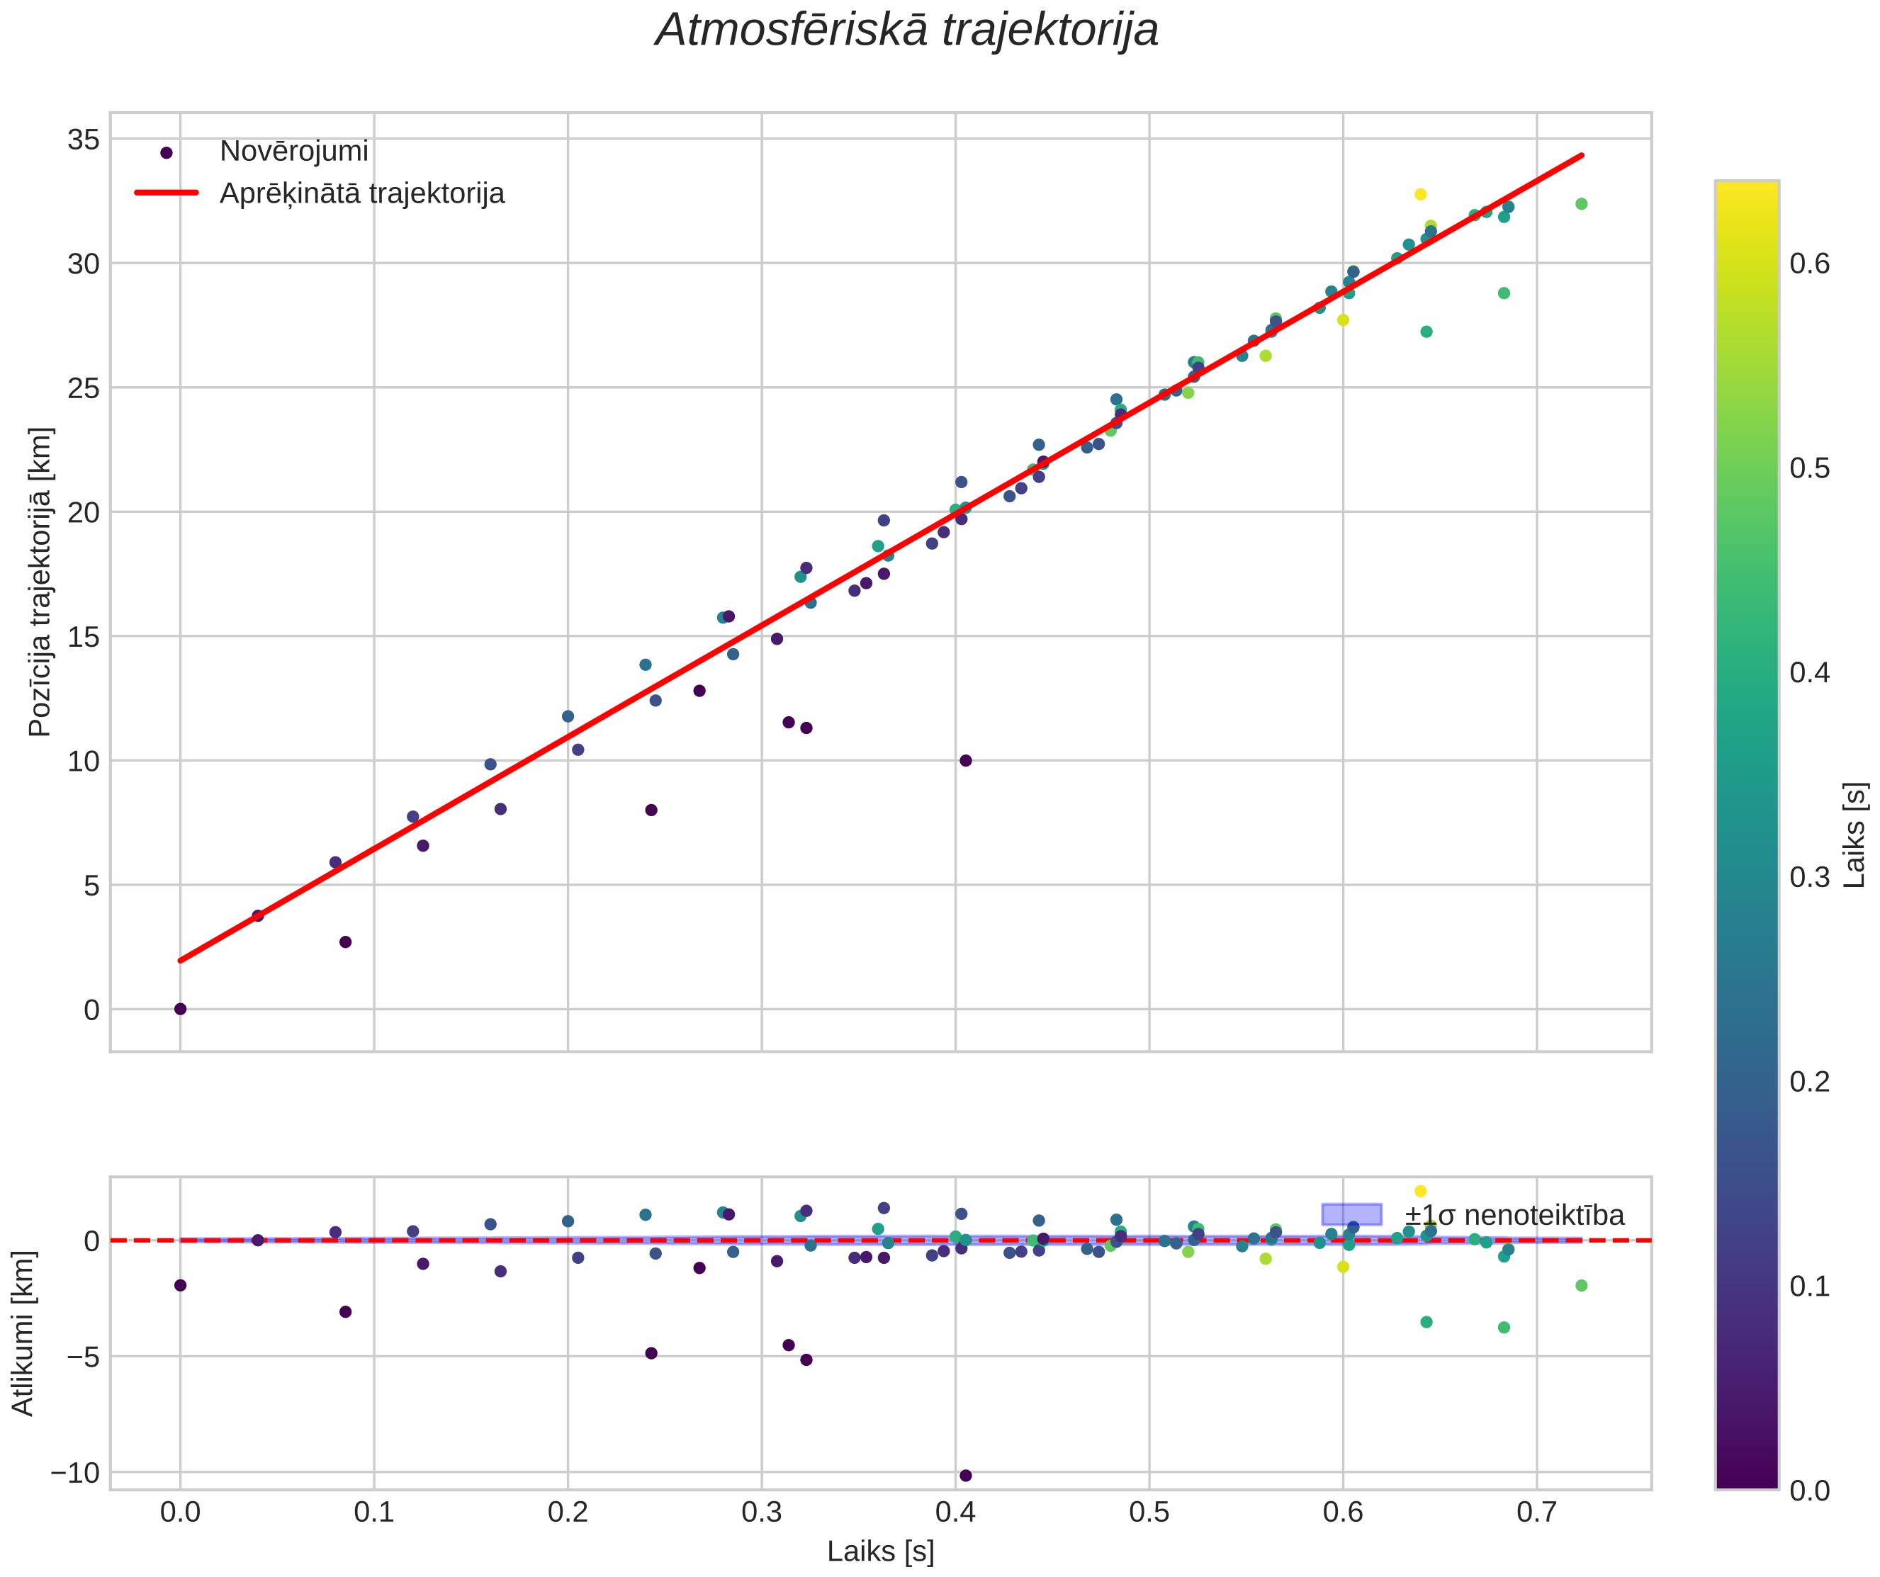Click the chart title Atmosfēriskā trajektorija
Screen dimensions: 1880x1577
907,30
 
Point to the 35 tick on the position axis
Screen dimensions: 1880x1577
82,140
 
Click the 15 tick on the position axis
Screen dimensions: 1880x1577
82,637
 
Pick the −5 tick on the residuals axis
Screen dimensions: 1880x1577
82,1357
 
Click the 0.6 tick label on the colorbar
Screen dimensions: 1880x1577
1809,264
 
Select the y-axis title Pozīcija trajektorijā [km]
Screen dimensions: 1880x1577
41,582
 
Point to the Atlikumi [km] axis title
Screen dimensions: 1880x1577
23,1333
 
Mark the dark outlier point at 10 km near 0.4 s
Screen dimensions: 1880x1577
965,761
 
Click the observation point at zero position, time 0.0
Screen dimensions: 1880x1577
180,1009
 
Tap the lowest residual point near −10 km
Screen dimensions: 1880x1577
965,1476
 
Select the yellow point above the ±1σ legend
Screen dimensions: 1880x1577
1420,1192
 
